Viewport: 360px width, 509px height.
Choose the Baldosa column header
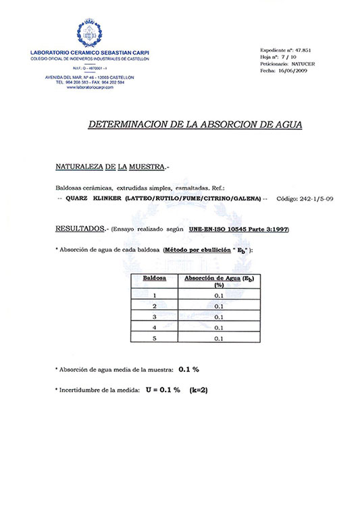155,278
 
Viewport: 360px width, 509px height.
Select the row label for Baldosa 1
155,295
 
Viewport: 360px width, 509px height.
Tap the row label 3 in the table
155,317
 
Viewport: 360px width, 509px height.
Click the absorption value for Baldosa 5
218,338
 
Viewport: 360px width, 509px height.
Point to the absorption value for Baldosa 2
218,306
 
